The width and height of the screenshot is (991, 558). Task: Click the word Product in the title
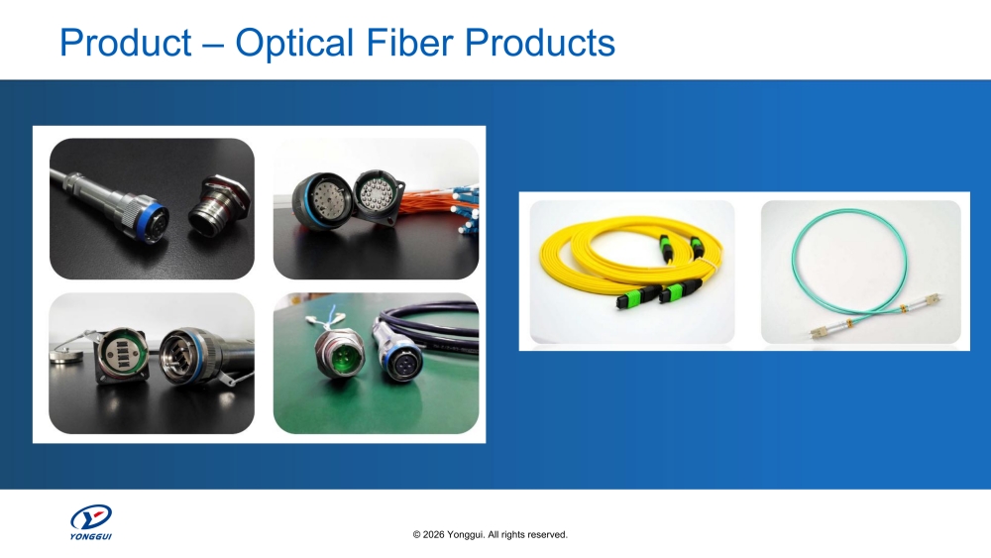pos(125,43)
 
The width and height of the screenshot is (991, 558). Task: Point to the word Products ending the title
pos(540,43)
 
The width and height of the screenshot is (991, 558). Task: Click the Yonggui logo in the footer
pos(90,521)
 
